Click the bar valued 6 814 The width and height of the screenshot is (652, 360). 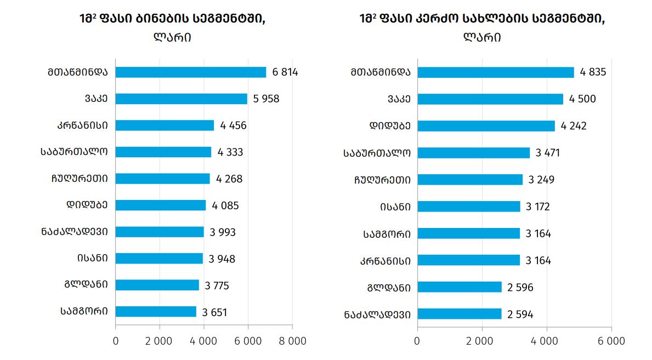(190, 72)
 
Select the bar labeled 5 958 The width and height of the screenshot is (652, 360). (181, 99)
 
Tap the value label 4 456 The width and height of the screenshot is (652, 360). (233, 125)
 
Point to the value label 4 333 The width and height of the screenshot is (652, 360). (230, 152)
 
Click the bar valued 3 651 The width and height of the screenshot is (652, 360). (156, 312)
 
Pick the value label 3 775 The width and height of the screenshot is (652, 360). (217, 285)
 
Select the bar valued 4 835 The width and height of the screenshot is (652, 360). (495, 72)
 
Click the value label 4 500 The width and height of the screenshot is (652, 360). (582, 99)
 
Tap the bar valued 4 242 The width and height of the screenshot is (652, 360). (486, 126)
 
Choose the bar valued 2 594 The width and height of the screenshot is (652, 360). (459, 314)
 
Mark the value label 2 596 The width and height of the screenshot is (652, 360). (520, 287)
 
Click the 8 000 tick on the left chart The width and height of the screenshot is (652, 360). (292, 341)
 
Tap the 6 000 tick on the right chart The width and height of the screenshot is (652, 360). (611, 341)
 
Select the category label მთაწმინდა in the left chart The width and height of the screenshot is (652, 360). (77, 72)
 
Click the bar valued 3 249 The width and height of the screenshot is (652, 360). (470, 180)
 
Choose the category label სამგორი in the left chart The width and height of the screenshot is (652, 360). (84, 311)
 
